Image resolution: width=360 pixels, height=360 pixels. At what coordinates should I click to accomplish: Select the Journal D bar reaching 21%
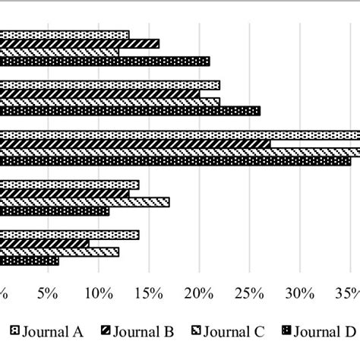[105, 62]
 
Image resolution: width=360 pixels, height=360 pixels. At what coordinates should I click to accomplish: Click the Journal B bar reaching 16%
[80, 44]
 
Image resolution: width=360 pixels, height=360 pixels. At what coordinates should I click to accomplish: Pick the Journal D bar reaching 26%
[130, 111]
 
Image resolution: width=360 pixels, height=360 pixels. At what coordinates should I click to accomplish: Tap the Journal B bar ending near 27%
[135, 143]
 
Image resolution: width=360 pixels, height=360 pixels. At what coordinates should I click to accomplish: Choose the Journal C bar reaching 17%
[84, 202]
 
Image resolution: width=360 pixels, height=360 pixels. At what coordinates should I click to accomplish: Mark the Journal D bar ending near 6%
[29, 261]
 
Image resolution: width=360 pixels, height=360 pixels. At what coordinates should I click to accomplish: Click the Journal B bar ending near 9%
[44, 244]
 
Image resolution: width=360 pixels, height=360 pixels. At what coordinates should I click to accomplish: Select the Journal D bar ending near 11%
[54, 210]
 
